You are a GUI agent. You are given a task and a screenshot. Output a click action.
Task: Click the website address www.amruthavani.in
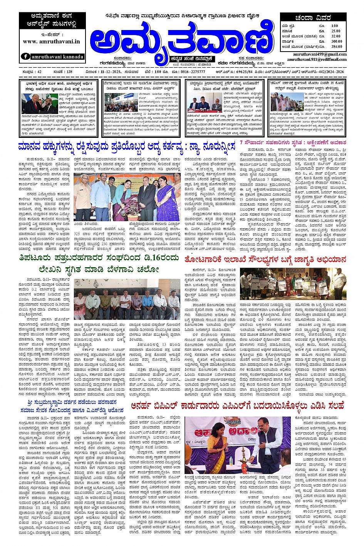point(51,41)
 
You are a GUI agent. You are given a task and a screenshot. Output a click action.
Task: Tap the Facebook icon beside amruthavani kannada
point(25,56)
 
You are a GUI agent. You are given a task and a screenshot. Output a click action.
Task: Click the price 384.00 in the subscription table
point(336,46)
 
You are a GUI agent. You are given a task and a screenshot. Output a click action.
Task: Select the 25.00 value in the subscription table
point(335,31)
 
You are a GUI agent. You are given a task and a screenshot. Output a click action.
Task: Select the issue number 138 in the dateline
point(68,72)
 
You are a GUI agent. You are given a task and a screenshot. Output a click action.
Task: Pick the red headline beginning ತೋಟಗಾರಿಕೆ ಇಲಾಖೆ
point(265,260)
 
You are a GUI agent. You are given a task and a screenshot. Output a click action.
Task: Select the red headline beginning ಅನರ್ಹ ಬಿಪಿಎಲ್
point(237,406)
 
